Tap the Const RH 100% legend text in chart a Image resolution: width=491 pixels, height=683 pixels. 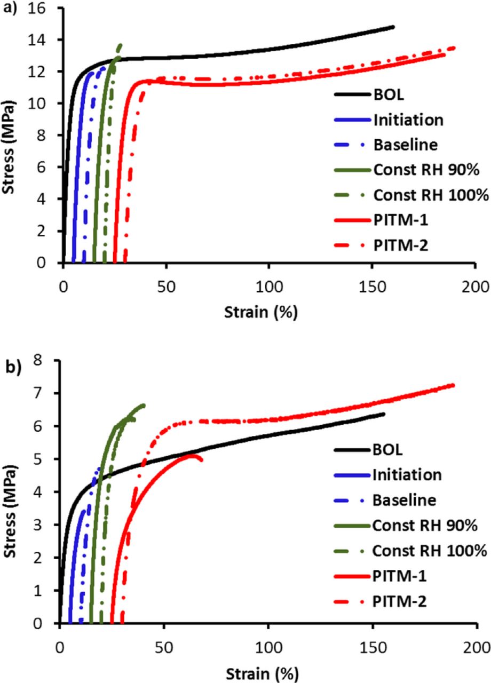click(431, 195)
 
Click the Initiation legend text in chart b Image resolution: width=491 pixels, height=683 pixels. click(407, 475)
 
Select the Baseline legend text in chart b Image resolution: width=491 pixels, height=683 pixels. click(404, 500)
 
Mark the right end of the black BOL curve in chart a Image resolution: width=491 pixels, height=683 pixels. click(393, 27)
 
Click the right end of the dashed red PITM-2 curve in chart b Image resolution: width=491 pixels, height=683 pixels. click(453, 385)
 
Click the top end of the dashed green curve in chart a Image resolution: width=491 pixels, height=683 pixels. click(120, 45)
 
